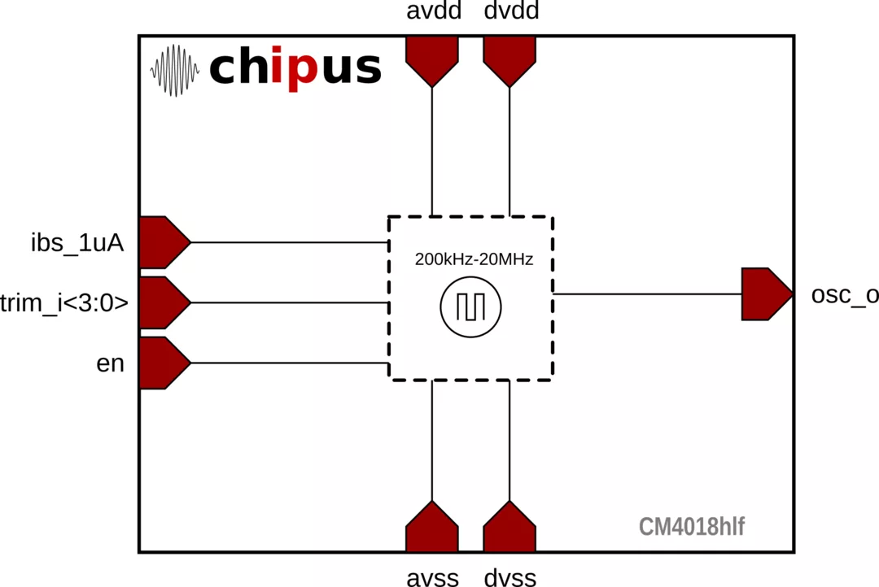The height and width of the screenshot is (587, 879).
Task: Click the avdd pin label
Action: [434, 10]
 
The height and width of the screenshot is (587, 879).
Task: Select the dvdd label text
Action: [511, 10]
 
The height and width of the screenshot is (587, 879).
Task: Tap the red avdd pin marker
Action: [431, 61]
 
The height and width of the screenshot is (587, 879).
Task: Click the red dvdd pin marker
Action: [509, 61]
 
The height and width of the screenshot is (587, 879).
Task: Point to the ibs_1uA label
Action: [77, 244]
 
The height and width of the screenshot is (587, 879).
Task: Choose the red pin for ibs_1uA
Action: [164, 242]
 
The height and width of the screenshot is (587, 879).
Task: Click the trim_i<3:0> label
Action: [64, 303]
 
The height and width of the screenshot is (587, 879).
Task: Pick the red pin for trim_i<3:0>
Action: [164, 302]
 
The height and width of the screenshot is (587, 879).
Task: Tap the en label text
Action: [110, 363]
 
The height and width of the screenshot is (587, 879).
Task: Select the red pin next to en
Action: [164, 363]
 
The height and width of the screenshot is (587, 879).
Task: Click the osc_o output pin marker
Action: [767, 294]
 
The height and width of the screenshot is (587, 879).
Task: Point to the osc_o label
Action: [845, 295]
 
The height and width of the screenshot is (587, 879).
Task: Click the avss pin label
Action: [433, 577]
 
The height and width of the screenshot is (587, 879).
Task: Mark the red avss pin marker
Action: [431, 527]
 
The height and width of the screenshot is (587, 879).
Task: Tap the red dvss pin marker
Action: [509, 527]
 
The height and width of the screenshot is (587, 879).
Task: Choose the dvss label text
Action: [510, 577]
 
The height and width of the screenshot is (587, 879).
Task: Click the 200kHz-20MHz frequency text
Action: [474, 259]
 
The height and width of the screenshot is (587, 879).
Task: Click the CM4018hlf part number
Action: [692, 527]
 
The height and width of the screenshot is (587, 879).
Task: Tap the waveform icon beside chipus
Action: [174, 71]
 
